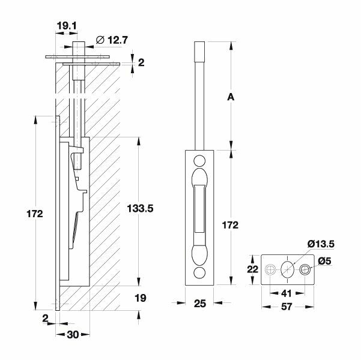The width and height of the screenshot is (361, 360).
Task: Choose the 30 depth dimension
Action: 73,335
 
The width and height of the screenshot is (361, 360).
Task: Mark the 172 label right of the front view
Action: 230,225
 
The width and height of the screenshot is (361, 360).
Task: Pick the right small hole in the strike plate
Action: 306,269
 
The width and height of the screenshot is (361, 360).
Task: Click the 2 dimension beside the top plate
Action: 141,62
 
